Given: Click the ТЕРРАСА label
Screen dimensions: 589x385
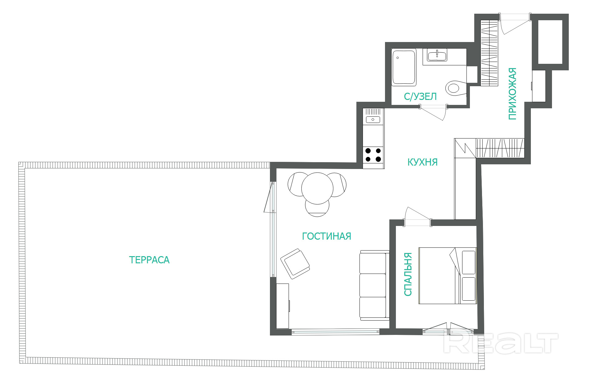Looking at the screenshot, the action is tap(149, 260).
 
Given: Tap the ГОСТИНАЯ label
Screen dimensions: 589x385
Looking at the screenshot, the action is tap(327, 236).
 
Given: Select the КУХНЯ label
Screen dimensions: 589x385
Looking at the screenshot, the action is tap(422, 162).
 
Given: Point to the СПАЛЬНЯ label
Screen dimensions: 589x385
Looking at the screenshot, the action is tap(408, 274).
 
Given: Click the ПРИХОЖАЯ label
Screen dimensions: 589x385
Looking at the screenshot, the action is tap(512, 94).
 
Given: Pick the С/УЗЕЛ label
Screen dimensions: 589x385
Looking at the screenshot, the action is tap(420, 96).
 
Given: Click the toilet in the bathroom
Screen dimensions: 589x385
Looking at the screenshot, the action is tap(456, 88).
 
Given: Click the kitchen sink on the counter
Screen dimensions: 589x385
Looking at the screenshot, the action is tap(373, 119).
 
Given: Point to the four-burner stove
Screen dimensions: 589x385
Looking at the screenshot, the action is tap(373, 155).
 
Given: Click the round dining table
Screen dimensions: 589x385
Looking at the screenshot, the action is tap(317, 188).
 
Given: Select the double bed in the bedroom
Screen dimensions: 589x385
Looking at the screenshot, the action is tap(448, 276).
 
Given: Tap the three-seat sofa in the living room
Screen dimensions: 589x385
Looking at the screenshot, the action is tap(374, 285).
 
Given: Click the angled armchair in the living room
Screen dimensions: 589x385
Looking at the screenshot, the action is tap(295, 264).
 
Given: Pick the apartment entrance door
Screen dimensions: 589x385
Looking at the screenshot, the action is tap(515, 23).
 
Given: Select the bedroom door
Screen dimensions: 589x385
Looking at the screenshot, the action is tap(417, 217).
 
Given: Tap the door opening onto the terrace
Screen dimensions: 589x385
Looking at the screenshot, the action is tap(269, 197).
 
